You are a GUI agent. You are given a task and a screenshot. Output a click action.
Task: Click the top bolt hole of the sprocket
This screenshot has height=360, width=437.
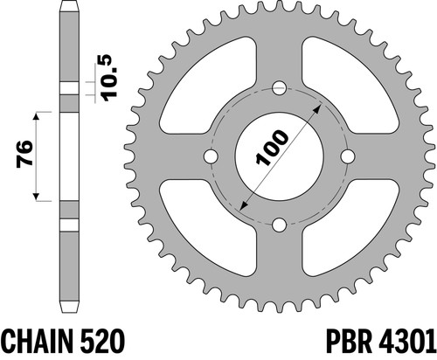coord(279,88)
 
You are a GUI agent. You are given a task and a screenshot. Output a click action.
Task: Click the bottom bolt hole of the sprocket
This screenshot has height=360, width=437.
coord(279,225)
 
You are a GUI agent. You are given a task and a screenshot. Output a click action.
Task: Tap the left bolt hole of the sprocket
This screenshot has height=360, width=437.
coord(211,156)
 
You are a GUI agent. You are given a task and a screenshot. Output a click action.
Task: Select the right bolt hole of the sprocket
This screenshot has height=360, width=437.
coord(348,156)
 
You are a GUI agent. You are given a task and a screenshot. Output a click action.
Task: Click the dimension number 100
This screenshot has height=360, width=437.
coord(272,148)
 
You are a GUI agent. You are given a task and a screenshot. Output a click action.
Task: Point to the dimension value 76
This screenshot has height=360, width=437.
coord(24,154)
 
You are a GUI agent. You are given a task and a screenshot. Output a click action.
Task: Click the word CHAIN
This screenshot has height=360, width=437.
coord(37,341)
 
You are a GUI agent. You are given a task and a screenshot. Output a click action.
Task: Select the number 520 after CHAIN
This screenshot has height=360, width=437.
coord(101,341)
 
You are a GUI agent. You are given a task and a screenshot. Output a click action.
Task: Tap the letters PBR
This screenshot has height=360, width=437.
coord(349,341)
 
